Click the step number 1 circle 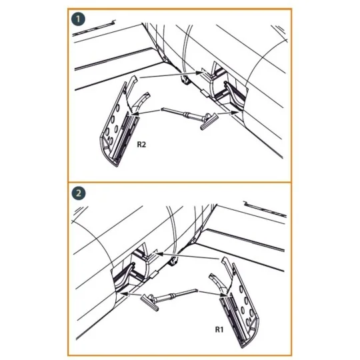click(79, 20)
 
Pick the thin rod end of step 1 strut click(167, 107)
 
